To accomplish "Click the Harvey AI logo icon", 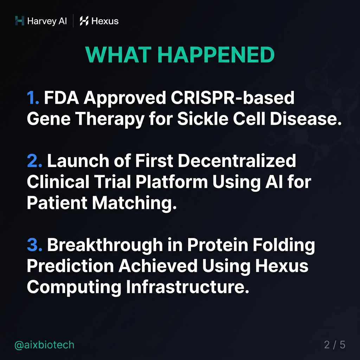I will click(x=20, y=21).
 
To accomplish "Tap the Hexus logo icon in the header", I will click(x=84, y=21).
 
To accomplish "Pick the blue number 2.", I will click(x=34, y=161).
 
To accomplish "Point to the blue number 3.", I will click(x=34, y=245).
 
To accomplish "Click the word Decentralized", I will click(x=237, y=161).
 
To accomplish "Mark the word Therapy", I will click(x=114, y=120).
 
